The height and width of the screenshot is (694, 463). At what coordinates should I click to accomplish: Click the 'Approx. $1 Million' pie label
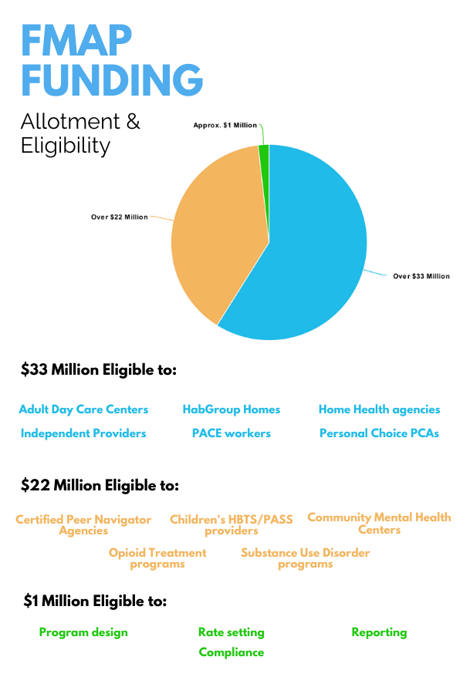click(x=225, y=125)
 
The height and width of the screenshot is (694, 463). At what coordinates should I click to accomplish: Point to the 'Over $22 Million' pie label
click(x=120, y=217)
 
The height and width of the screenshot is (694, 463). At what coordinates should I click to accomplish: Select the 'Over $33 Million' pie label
click(x=421, y=276)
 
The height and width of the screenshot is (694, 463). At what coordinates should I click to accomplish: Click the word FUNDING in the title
click(x=112, y=79)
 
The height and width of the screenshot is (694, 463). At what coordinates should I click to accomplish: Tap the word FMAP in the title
click(x=76, y=40)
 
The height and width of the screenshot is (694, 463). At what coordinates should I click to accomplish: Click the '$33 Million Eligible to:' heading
click(x=99, y=369)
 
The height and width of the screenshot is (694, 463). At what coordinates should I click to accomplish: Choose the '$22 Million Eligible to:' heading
click(x=100, y=486)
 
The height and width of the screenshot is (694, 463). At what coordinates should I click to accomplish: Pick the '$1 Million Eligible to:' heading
click(x=95, y=601)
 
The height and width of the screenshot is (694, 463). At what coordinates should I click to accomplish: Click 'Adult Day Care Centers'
click(x=83, y=409)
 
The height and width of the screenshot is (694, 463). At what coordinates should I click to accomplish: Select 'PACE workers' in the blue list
click(x=231, y=433)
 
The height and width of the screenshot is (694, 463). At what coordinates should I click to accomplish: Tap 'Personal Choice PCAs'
click(x=379, y=433)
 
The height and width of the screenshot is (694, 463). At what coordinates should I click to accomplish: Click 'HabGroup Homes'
click(x=231, y=409)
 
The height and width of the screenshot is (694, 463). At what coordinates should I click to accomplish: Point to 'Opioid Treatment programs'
click(x=157, y=558)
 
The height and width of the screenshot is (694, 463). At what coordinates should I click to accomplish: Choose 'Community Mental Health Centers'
click(x=379, y=523)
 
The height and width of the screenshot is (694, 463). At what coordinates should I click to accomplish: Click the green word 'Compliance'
click(x=231, y=652)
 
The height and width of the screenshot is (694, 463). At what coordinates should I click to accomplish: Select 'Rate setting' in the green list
click(x=231, y=632)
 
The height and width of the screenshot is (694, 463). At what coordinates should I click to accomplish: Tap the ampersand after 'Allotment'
click(x=133, y=121)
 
